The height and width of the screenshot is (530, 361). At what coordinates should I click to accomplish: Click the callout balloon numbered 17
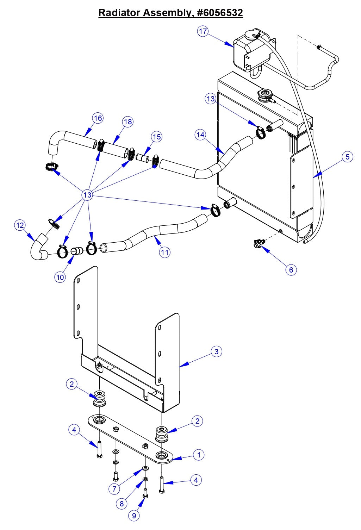(203, 31)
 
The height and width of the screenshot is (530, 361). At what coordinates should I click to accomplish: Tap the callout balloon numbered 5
(347, 157)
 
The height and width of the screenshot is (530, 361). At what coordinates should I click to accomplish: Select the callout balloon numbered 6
(291, 270)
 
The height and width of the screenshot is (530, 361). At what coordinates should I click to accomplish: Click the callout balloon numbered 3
(216, 351)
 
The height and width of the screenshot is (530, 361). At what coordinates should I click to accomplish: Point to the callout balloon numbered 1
(199, 455)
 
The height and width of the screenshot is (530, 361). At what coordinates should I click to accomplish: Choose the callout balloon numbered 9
(134, 516)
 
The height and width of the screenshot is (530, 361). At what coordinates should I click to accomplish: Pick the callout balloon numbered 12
(20, 225)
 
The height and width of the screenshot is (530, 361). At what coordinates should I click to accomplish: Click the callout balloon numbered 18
(128, 122)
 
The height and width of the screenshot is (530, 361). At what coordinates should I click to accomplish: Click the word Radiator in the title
(119, 13)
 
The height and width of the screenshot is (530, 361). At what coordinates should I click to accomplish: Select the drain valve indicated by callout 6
(259, 243)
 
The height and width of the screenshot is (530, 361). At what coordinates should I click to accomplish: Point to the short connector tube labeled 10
(77, 251)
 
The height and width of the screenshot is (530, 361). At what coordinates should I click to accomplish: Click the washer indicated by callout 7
(145, 469)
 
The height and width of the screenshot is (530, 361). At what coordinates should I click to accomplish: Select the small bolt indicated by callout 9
(145, 493)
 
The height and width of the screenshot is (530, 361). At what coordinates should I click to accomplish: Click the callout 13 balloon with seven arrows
(87, 195)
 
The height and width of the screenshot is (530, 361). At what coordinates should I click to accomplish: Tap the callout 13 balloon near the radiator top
(211, 99)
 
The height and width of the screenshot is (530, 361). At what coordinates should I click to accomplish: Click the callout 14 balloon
(200, 135)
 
